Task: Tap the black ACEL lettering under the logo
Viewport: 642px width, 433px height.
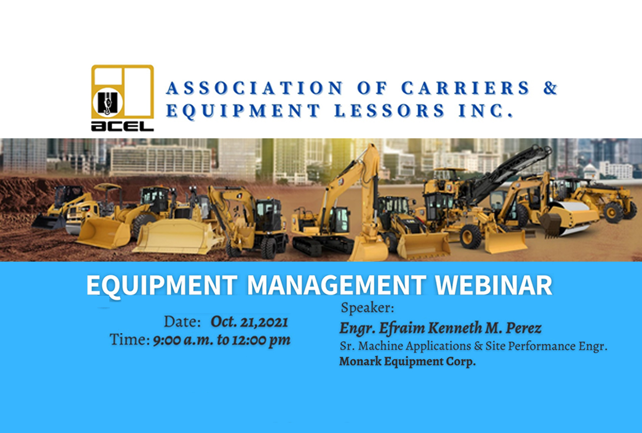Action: click(123, 126)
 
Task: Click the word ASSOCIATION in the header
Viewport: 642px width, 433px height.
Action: click(254, 88)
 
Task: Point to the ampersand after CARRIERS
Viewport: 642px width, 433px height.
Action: click(550, 88)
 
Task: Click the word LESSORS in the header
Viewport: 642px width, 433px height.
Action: click(390, 111)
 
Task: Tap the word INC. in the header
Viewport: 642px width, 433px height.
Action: click(486, 111)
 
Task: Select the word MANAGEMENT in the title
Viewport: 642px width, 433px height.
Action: click(336, 285)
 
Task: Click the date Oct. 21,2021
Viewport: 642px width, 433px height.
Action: click(249, 322)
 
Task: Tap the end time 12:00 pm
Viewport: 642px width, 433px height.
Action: click(261, 340)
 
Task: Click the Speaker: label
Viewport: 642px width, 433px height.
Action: click(368, 308)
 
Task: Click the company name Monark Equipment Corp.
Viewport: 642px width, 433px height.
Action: click(407, 362)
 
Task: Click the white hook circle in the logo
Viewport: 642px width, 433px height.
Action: click(108, 103)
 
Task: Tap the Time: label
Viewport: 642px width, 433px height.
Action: click(130, 340)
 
